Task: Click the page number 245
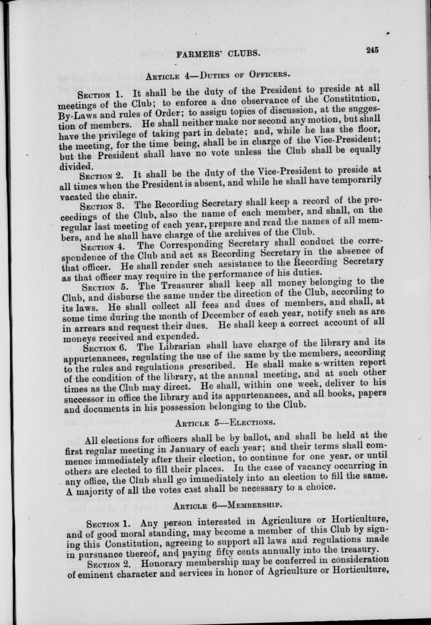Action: coord(372,50)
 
